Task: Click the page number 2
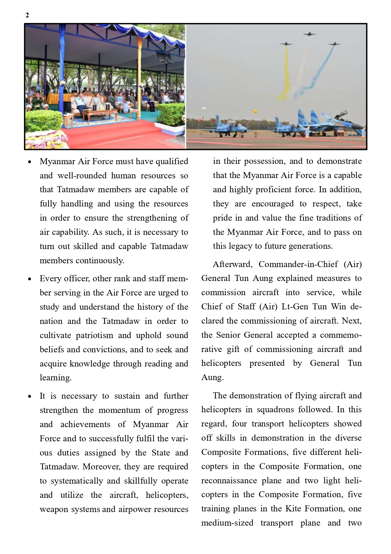(x=27, y=15)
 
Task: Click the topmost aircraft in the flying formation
(x=310, y=34)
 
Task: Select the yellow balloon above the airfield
(x=255, y=111)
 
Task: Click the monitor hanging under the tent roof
(x=164, y=58)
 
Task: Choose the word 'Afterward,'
(x=233, y=264)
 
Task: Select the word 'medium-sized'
(x=227, y=523)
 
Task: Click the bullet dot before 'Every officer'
(x=30, y=279)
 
